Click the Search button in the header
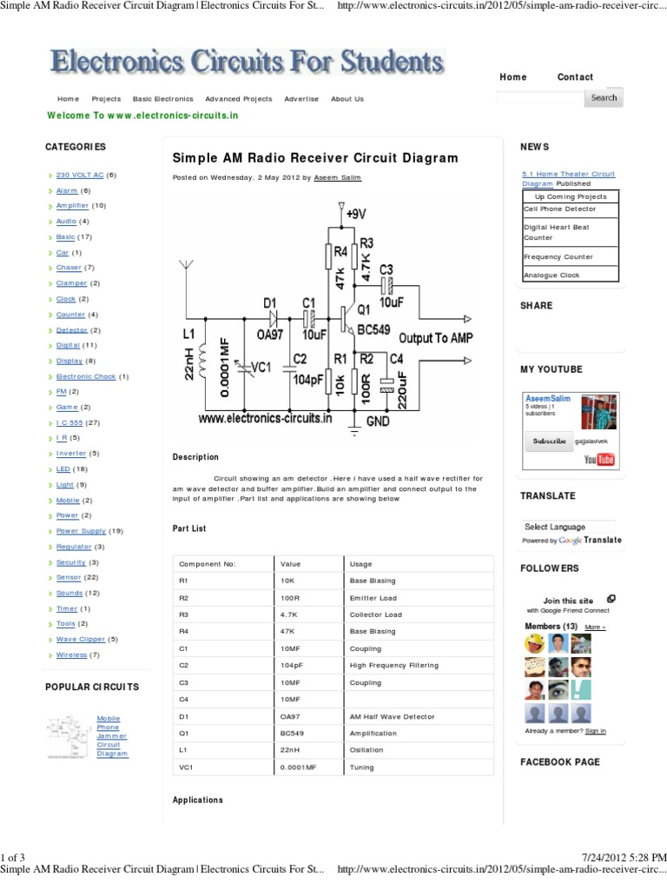click(604, 98)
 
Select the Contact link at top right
click(575, 77)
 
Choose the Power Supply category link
click(81, 531)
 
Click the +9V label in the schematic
click(356, 212)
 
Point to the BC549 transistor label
click(372, 330)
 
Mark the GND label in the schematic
click(378, 420)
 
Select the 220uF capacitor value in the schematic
click(401, 388)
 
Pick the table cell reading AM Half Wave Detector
click(387, 716)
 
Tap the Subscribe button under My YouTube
click(549, 442)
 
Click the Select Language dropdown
click(569, 527)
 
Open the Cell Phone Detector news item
click(559, 209)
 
